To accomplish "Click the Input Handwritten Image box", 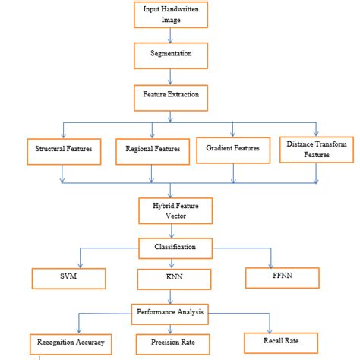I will tap(172, 14).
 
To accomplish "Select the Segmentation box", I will tap(172, 54).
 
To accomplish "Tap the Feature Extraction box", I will tap(171, 96).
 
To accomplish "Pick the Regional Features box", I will tap(153, 150).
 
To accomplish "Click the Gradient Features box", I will tap(232, 148).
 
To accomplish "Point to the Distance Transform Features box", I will tap(315, 148).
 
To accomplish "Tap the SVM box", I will tap(69, 278).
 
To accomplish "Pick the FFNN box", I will tap(279, 276).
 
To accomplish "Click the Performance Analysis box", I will tap(171, 311).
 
